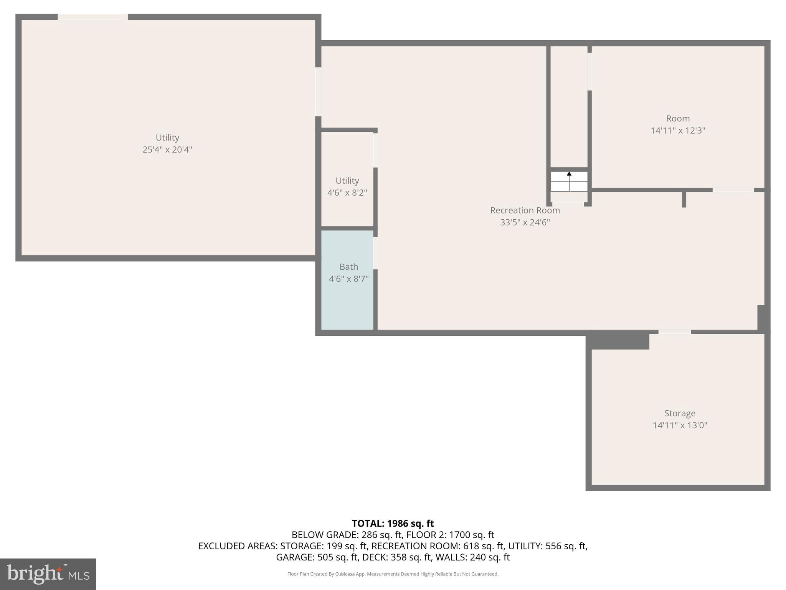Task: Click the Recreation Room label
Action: pos(525,210)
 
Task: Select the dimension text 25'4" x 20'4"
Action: pos(167,150)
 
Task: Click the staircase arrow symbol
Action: pos(569,174)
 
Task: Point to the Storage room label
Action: pos(680,413)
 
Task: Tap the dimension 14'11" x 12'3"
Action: pos(678,131)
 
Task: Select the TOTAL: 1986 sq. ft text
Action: pos(393,524)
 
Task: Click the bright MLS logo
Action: pos(48,574)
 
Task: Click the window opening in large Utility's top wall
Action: pos(92,17)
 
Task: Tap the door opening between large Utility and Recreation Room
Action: pos(318,92)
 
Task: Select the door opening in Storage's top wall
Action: pos(675,332)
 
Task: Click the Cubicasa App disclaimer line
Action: pos(393,574)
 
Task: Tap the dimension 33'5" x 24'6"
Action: pos(525,222)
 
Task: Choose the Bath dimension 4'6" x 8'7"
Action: pos(348,279)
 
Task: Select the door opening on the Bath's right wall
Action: pos(375,253)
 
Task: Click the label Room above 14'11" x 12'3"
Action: pos(678,119)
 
